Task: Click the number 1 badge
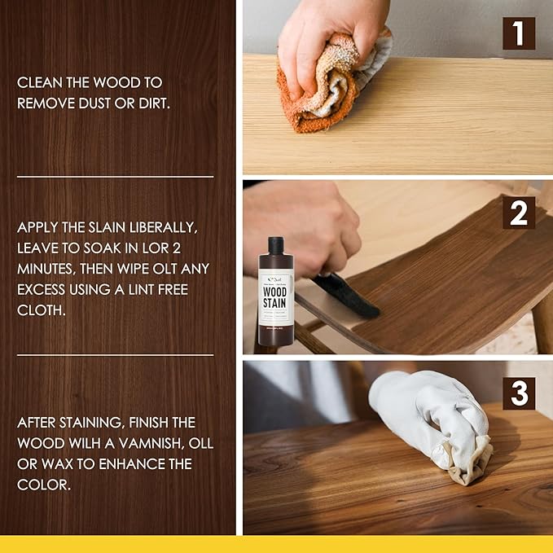tap(519, 33)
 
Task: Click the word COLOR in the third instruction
tap(41, 485)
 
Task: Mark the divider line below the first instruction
tap(115, 176)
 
